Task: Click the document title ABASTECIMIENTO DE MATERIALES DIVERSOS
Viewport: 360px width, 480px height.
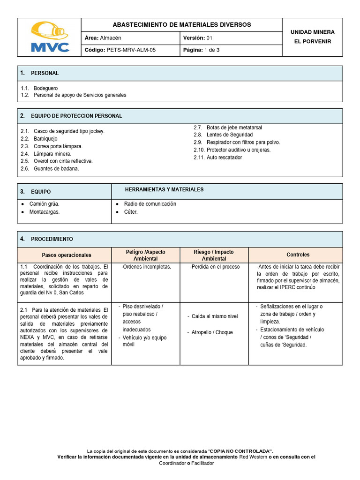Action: [182, 24]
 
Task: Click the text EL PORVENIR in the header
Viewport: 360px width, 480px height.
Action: [312, 42]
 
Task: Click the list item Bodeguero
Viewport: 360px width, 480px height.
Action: [46, 88]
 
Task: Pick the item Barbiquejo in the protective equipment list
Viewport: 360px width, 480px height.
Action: [45, 139]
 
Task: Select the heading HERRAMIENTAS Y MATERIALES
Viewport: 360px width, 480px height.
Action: [164, 189]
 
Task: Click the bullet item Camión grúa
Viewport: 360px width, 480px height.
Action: [44, 204]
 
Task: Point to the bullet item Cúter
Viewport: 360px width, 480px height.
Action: [131, 212]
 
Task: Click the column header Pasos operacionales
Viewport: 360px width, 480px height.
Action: [67, 255]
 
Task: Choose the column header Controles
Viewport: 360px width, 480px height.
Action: [298, 255]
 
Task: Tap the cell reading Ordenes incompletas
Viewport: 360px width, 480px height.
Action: [146, 267]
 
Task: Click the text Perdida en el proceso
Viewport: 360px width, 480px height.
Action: [215, 267]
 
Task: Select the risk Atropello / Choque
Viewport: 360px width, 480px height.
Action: [212, 332]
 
